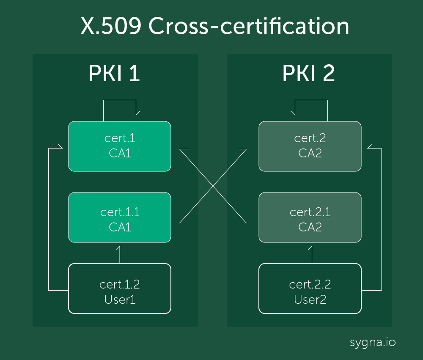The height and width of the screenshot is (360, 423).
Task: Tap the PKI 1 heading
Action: (114, 74)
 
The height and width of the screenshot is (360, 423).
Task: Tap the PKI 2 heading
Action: (308, 74)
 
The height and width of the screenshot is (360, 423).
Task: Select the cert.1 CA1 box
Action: (120, 146)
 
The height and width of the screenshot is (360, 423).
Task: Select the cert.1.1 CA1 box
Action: (120, 217)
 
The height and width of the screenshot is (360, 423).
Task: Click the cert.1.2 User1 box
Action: (120, 289)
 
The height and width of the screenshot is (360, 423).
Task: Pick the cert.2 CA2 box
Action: (310, 146)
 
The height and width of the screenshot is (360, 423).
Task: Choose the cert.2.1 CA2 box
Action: (310, 217)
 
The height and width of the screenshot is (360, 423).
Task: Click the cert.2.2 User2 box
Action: (310, 289)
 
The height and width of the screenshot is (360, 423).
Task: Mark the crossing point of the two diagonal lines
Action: (213, 186)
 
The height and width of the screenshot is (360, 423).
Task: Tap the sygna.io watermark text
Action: (373, 342)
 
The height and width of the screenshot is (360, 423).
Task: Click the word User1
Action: (120, 300)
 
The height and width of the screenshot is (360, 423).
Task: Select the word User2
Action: (310, 300)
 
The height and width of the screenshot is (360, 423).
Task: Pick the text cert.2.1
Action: (310, 212)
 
